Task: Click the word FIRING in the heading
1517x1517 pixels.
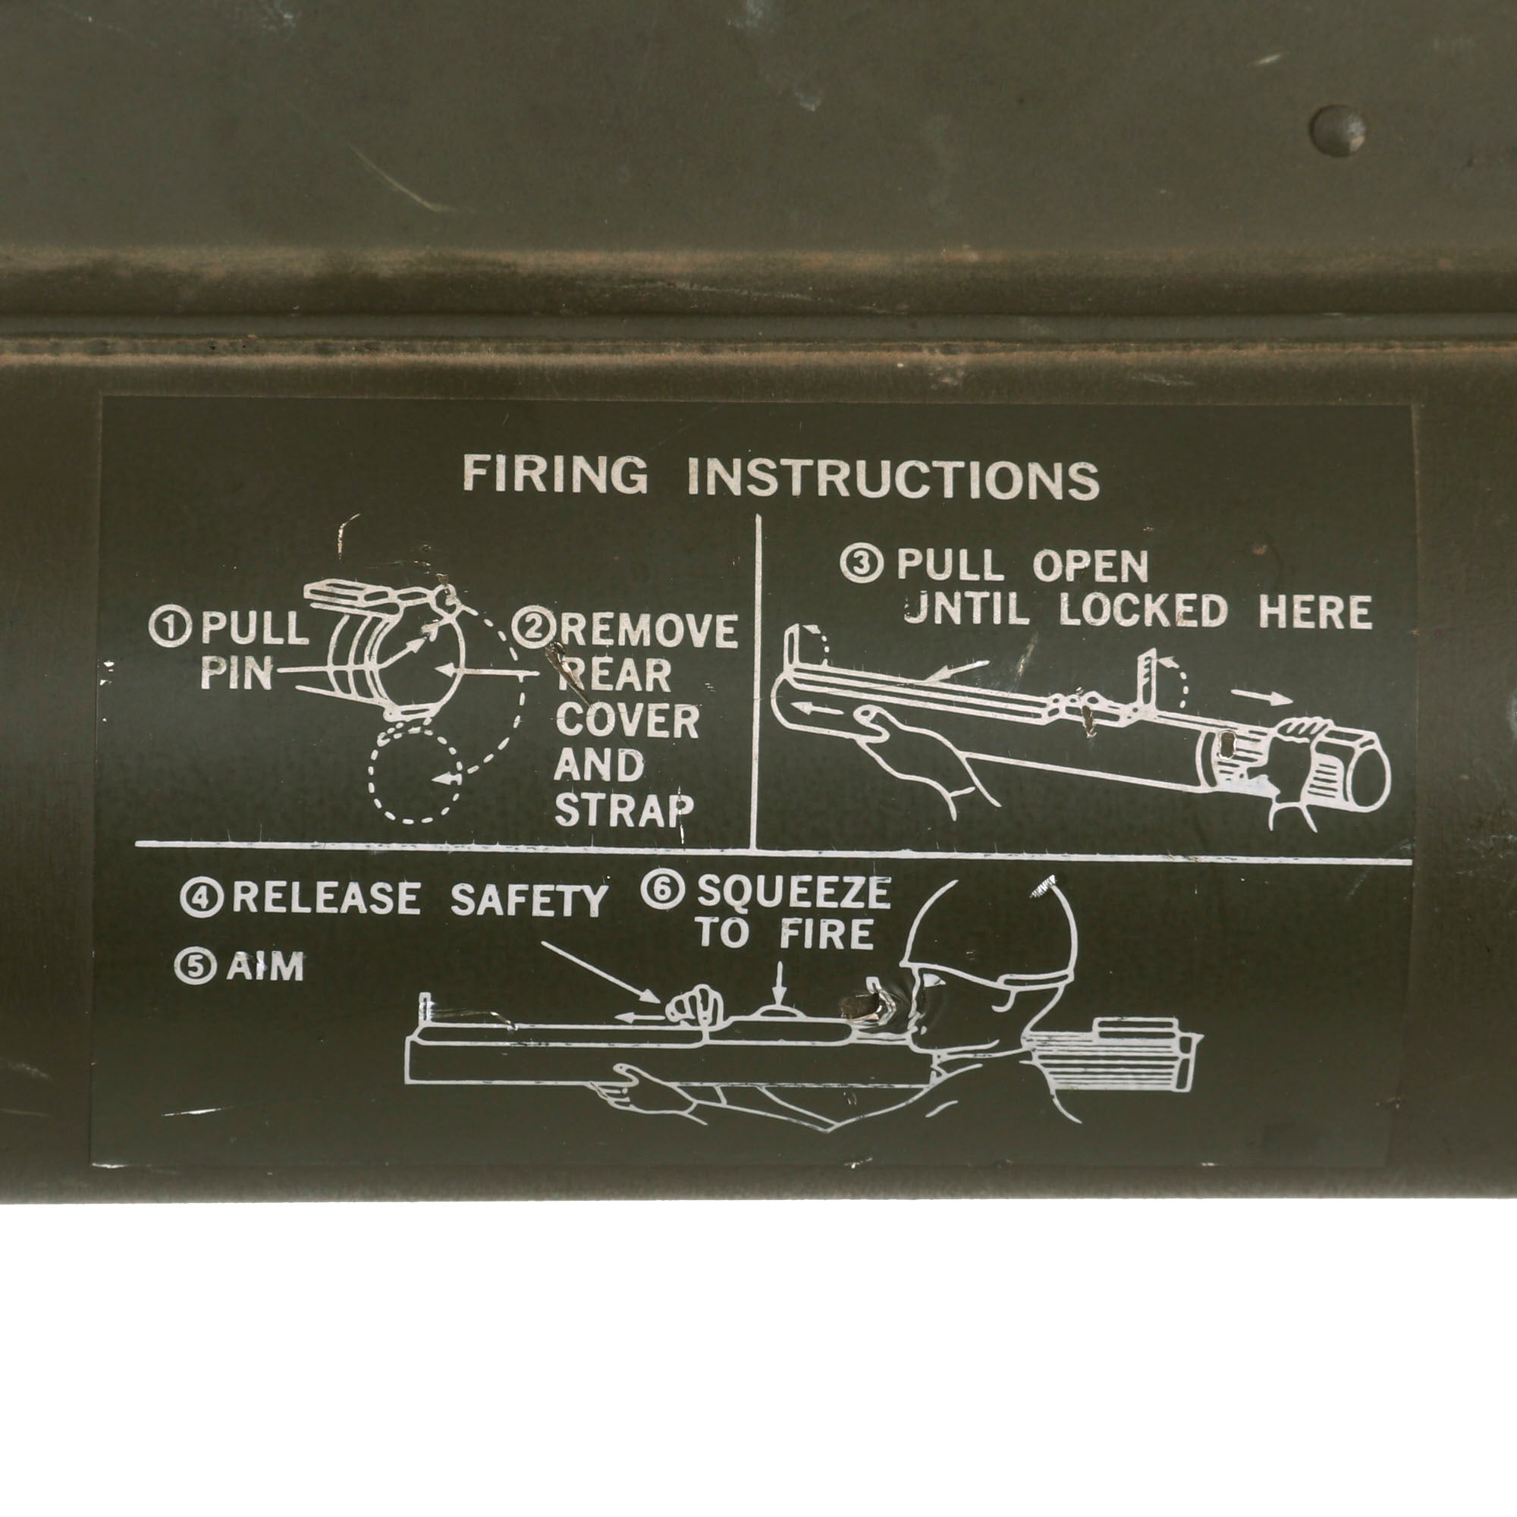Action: click(x=556, y=474)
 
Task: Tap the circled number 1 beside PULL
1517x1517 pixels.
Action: click(x=170, y=628)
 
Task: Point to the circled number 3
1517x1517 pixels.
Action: click(x=862, y=564)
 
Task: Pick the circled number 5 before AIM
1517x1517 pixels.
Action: click(x=194, y=967)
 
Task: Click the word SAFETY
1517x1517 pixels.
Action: click(x=529, y=899)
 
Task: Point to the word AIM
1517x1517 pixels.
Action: click(x=265, y=967)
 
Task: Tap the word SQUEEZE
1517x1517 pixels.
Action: click(x=794, y=891)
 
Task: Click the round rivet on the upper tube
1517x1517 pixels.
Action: click(x=1339, y=130)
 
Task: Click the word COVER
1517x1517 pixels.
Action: click(x=627, y=721)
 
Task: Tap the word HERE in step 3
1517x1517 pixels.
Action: click(x=1315, y=611)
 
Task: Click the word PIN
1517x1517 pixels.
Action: click(x=237, y=673)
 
